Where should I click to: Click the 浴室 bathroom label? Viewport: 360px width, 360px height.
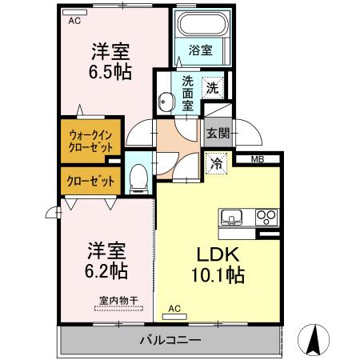[200, 50]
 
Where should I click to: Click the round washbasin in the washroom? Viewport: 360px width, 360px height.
[166, 102]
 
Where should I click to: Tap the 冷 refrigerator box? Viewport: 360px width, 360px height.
[218, 163]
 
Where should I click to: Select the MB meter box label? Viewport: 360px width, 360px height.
[257, 160]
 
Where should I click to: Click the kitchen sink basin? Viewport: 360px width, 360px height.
[233, 217]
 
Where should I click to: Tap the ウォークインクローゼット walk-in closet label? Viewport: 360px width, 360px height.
[90, 141]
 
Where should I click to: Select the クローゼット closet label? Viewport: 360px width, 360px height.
[89, 182]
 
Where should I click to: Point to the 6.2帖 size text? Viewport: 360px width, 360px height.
[107, 270]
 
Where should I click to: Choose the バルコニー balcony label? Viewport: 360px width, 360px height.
[170, 340]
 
